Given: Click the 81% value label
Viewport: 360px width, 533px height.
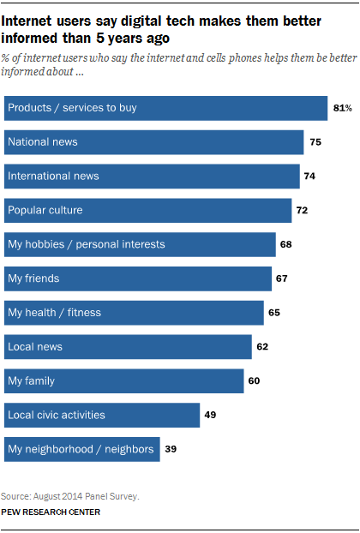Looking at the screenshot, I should (x=343, y=108).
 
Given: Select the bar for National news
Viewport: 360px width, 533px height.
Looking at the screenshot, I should (x=154, y=141).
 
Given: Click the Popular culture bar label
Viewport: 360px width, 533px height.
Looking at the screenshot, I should (x=45, y=210).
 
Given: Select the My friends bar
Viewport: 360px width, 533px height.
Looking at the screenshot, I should (x=137, y=278).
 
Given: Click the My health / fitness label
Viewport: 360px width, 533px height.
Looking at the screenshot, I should (x=54, y=313).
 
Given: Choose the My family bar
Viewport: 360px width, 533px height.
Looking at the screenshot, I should (x=123, y=381).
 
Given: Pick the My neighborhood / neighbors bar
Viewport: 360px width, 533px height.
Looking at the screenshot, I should (x=82, y=449).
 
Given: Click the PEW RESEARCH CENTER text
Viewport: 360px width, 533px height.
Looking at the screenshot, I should (x=51, y=512).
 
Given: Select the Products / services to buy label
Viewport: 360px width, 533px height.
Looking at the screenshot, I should (x=72, y=108).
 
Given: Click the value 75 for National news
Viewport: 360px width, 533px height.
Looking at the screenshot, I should (x=316, y=142).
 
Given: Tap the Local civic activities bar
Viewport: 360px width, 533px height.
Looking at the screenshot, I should (x=102, y=415).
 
